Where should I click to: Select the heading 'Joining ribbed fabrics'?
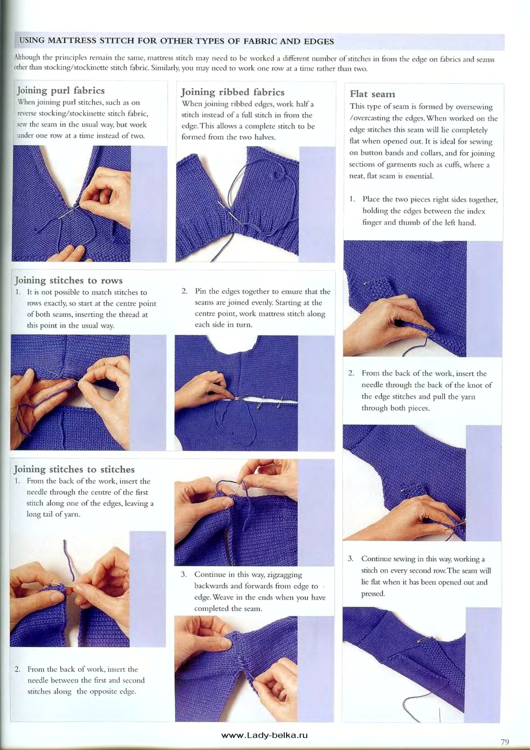pyautogui.click(x=233, y=92)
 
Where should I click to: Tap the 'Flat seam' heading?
pyautogui.click(x=372, y=94)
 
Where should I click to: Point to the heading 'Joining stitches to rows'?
pyautogui.click(x=69, y=280)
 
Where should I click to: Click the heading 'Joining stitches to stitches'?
pyautogui.click(x=74, y=469)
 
